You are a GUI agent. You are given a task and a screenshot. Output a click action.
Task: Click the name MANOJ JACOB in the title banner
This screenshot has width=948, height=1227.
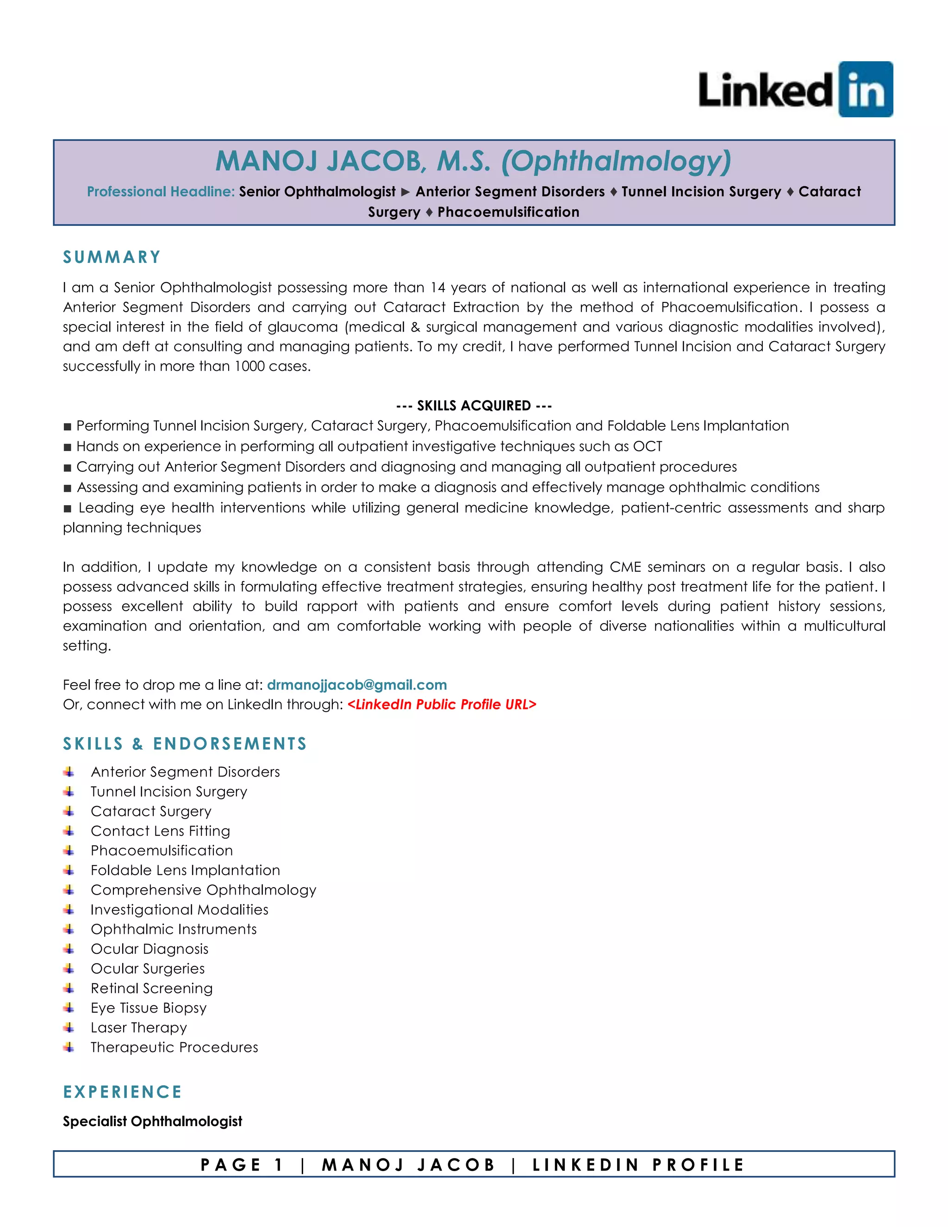[x=319, y=161]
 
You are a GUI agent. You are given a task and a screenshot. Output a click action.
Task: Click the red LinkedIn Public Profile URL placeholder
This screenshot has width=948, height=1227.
[x=442, y=705]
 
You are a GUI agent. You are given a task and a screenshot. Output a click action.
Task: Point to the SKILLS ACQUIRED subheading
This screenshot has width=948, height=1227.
[x=474, y=406]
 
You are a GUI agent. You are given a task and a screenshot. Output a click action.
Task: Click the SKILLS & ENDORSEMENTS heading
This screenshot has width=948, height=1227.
[x=185, y=744]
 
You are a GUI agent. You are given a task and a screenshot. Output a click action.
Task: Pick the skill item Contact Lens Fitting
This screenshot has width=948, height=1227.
[x=160, y=831]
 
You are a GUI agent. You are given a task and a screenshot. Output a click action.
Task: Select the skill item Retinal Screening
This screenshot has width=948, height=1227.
[x=152, y=988]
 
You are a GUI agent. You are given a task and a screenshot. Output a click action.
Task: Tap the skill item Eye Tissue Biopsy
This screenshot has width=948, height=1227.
[x=148, y=1008]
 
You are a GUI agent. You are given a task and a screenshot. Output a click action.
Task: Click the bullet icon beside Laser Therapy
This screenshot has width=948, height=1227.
[x=69, y=1027]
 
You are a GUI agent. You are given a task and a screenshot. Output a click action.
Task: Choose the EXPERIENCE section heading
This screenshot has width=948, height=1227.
[x=122, y=1092]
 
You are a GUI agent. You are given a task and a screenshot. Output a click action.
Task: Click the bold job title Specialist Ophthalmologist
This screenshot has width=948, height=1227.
[x=152, y=1121]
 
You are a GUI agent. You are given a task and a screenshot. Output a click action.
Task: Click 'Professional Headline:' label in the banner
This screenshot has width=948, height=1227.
[x=161, y=192]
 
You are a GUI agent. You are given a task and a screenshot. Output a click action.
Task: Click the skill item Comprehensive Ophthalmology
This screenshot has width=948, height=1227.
[x=203, y=890]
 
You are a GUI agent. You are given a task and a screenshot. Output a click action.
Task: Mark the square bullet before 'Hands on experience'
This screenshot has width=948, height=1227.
[x=68, y=447]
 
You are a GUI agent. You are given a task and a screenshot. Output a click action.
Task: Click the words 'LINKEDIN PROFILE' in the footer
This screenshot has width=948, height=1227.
[x=638, y=1164]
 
